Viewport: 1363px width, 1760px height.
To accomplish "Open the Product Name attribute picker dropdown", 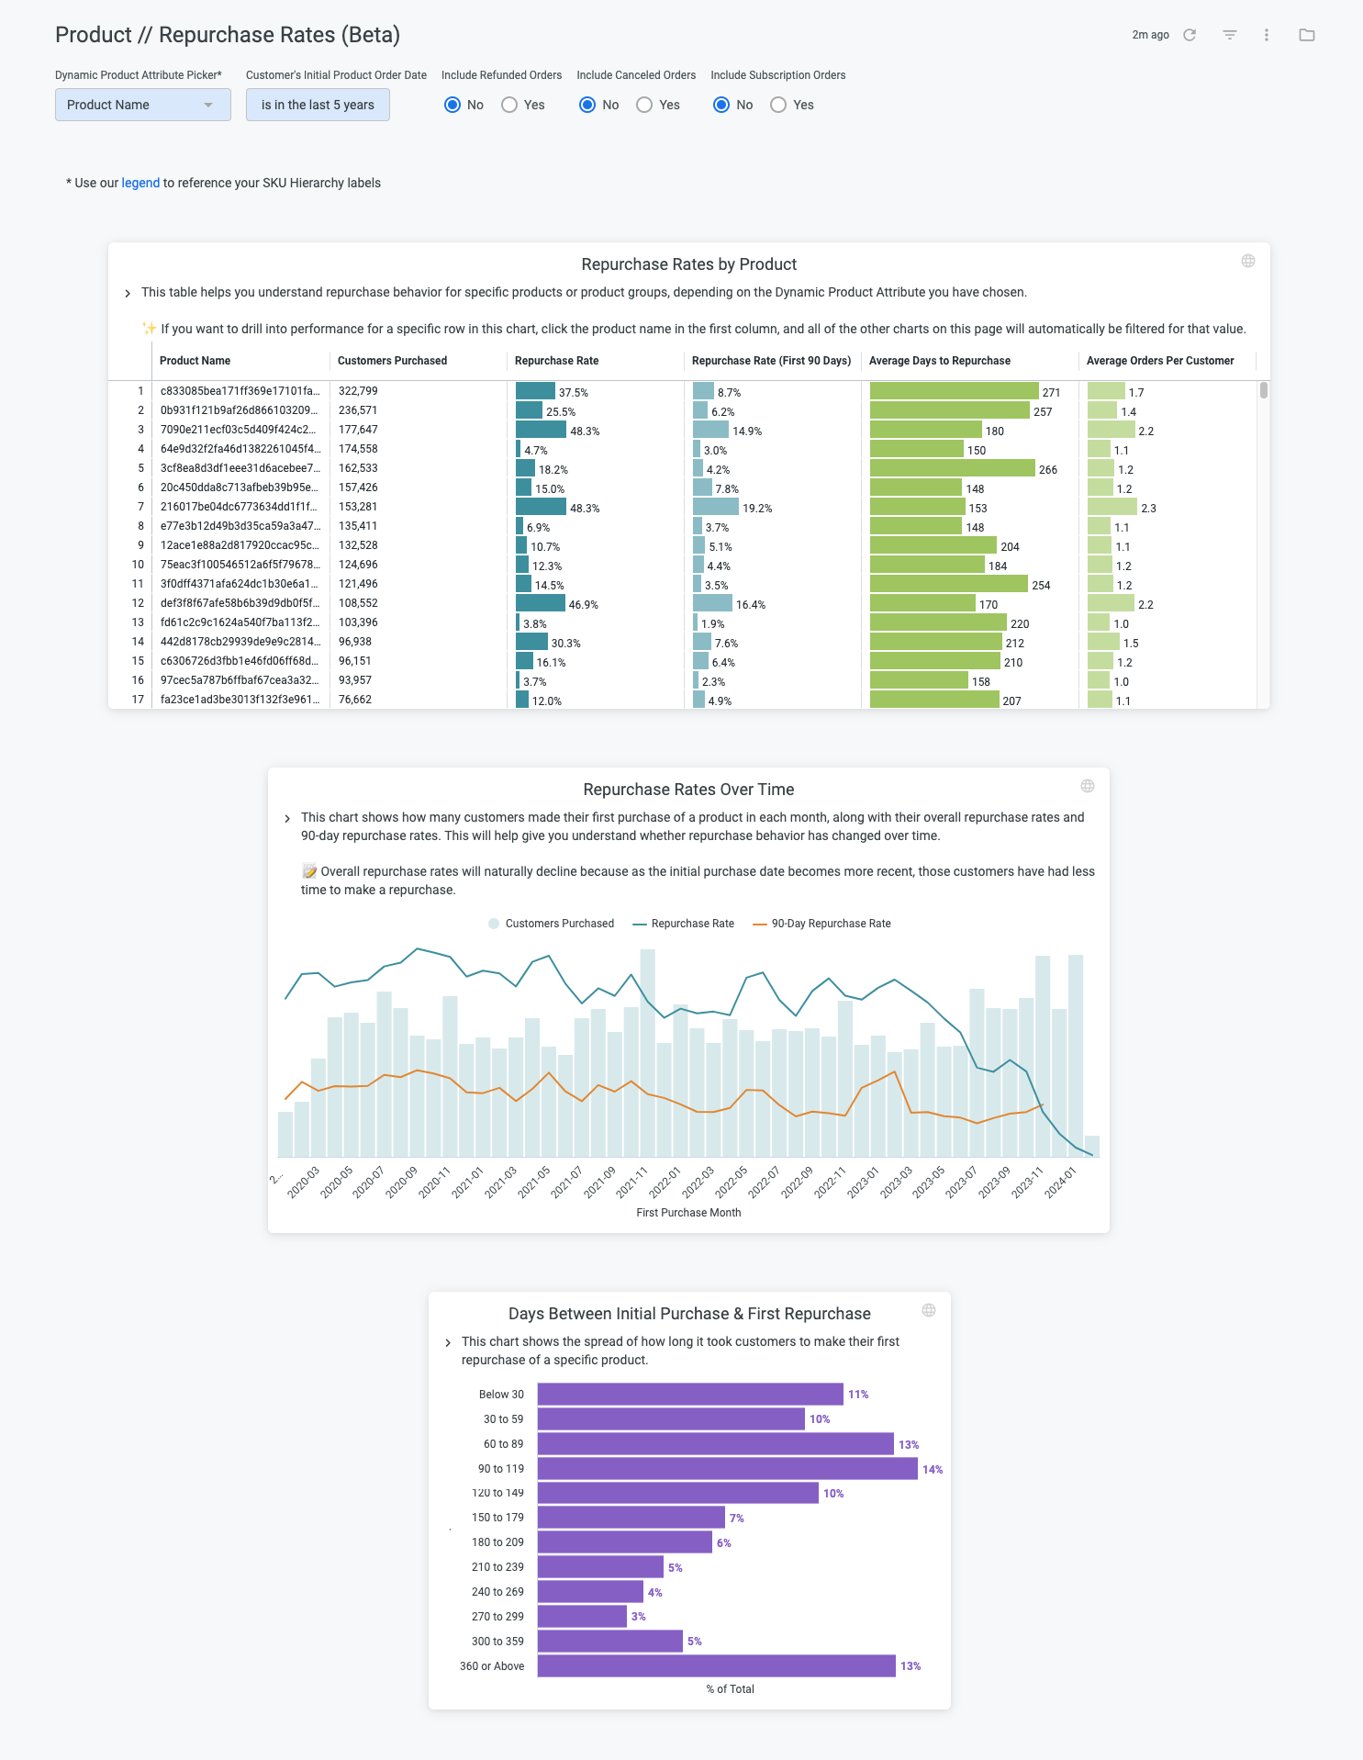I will (142, 105).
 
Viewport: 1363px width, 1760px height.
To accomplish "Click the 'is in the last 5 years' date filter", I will (318, 105).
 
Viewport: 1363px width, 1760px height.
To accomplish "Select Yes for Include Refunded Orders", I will (509, 105).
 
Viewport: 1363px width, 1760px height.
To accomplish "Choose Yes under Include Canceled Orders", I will (644, 105).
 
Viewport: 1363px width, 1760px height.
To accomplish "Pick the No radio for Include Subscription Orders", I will (721, 105).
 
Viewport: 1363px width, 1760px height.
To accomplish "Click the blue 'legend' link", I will (140, 183).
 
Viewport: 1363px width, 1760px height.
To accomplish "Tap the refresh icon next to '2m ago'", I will (1190, 35).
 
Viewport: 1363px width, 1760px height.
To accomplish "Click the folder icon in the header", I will (1307, 35).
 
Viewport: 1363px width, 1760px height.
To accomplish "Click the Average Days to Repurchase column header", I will (939, 361).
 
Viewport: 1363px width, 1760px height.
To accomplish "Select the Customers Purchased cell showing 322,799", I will (358, 391).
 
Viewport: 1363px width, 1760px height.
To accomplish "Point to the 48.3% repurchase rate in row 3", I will (585, 431).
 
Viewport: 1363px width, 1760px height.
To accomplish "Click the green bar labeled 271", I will (954, 391).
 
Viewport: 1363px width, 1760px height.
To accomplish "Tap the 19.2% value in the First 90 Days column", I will (757, 508).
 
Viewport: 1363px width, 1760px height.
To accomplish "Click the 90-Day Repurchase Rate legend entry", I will (821, 924).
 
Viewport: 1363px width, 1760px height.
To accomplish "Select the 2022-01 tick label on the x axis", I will (665, 1181).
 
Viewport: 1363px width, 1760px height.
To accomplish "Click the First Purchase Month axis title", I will (688, 1213).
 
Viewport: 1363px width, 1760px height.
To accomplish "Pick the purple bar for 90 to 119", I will (727, 1469).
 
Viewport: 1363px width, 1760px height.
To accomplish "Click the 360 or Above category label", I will (492, 1666).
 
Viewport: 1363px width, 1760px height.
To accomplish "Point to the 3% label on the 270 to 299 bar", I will (639, 1617).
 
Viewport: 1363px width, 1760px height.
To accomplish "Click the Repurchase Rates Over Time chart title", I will (688, 790).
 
